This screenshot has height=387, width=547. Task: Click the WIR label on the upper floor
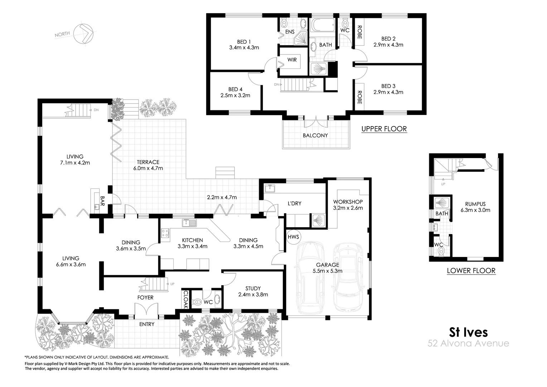pyautogui.click(x=292, y=60)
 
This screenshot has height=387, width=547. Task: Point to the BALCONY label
pyautogui.click(x=315, y=135)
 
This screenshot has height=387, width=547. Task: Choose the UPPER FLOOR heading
pyautogui.click(x=384, y=129)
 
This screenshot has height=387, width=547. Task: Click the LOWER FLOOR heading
pyautogui.click(x=471, y=271)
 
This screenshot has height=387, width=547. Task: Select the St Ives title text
pyautogui.click(x=468, y=332)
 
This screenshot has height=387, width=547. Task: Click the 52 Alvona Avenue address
pyautogui.click(x=468, y=343)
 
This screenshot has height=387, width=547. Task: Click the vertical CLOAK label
pyautogui.click(x=186, y=299)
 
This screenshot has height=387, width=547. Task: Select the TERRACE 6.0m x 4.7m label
pyautogui.click(x=148, y=165)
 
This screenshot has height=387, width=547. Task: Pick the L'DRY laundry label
pyautogui.click(x=294, y=203)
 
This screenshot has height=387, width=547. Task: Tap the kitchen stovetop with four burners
pyautogui.click(x=165, y=234)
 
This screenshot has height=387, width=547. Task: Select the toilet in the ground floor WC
pyautogui.click(x=197, y=302)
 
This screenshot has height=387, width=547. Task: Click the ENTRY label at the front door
pyautogui.click(x=146, y=324)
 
